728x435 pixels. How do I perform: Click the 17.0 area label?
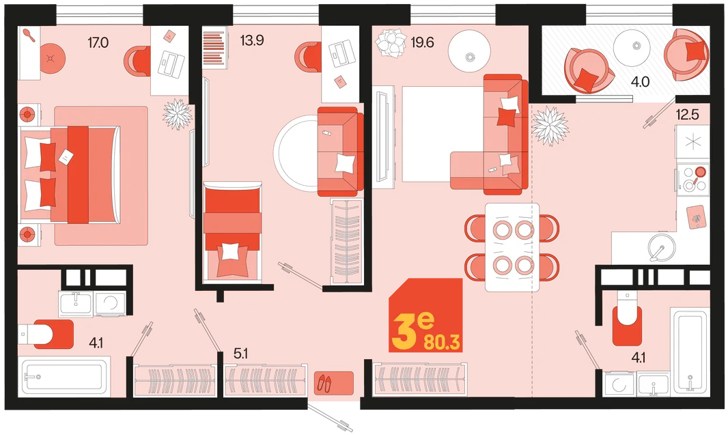(x=98, y=43)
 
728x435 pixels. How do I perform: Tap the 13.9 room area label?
(x=251, y=41)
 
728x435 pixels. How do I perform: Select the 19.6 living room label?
(x=422, y=43)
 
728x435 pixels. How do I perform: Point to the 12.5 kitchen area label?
(x=687, y=114)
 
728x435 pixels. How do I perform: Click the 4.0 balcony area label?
(x=640, y=82)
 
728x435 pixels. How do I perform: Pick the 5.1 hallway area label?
(x=240, y=354)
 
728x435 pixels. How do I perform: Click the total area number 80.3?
(x=442, y=343)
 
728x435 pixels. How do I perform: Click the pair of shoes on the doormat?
(x=324, y=383)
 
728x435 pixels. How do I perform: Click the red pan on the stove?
(x=699, y=173)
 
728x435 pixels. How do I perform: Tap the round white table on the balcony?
(x=634, y=46)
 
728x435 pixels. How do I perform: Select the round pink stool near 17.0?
(x=53, y=58)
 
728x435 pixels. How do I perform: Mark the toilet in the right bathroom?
(x=627, y=318)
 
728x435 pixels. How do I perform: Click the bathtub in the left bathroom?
(x=64, y=377)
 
